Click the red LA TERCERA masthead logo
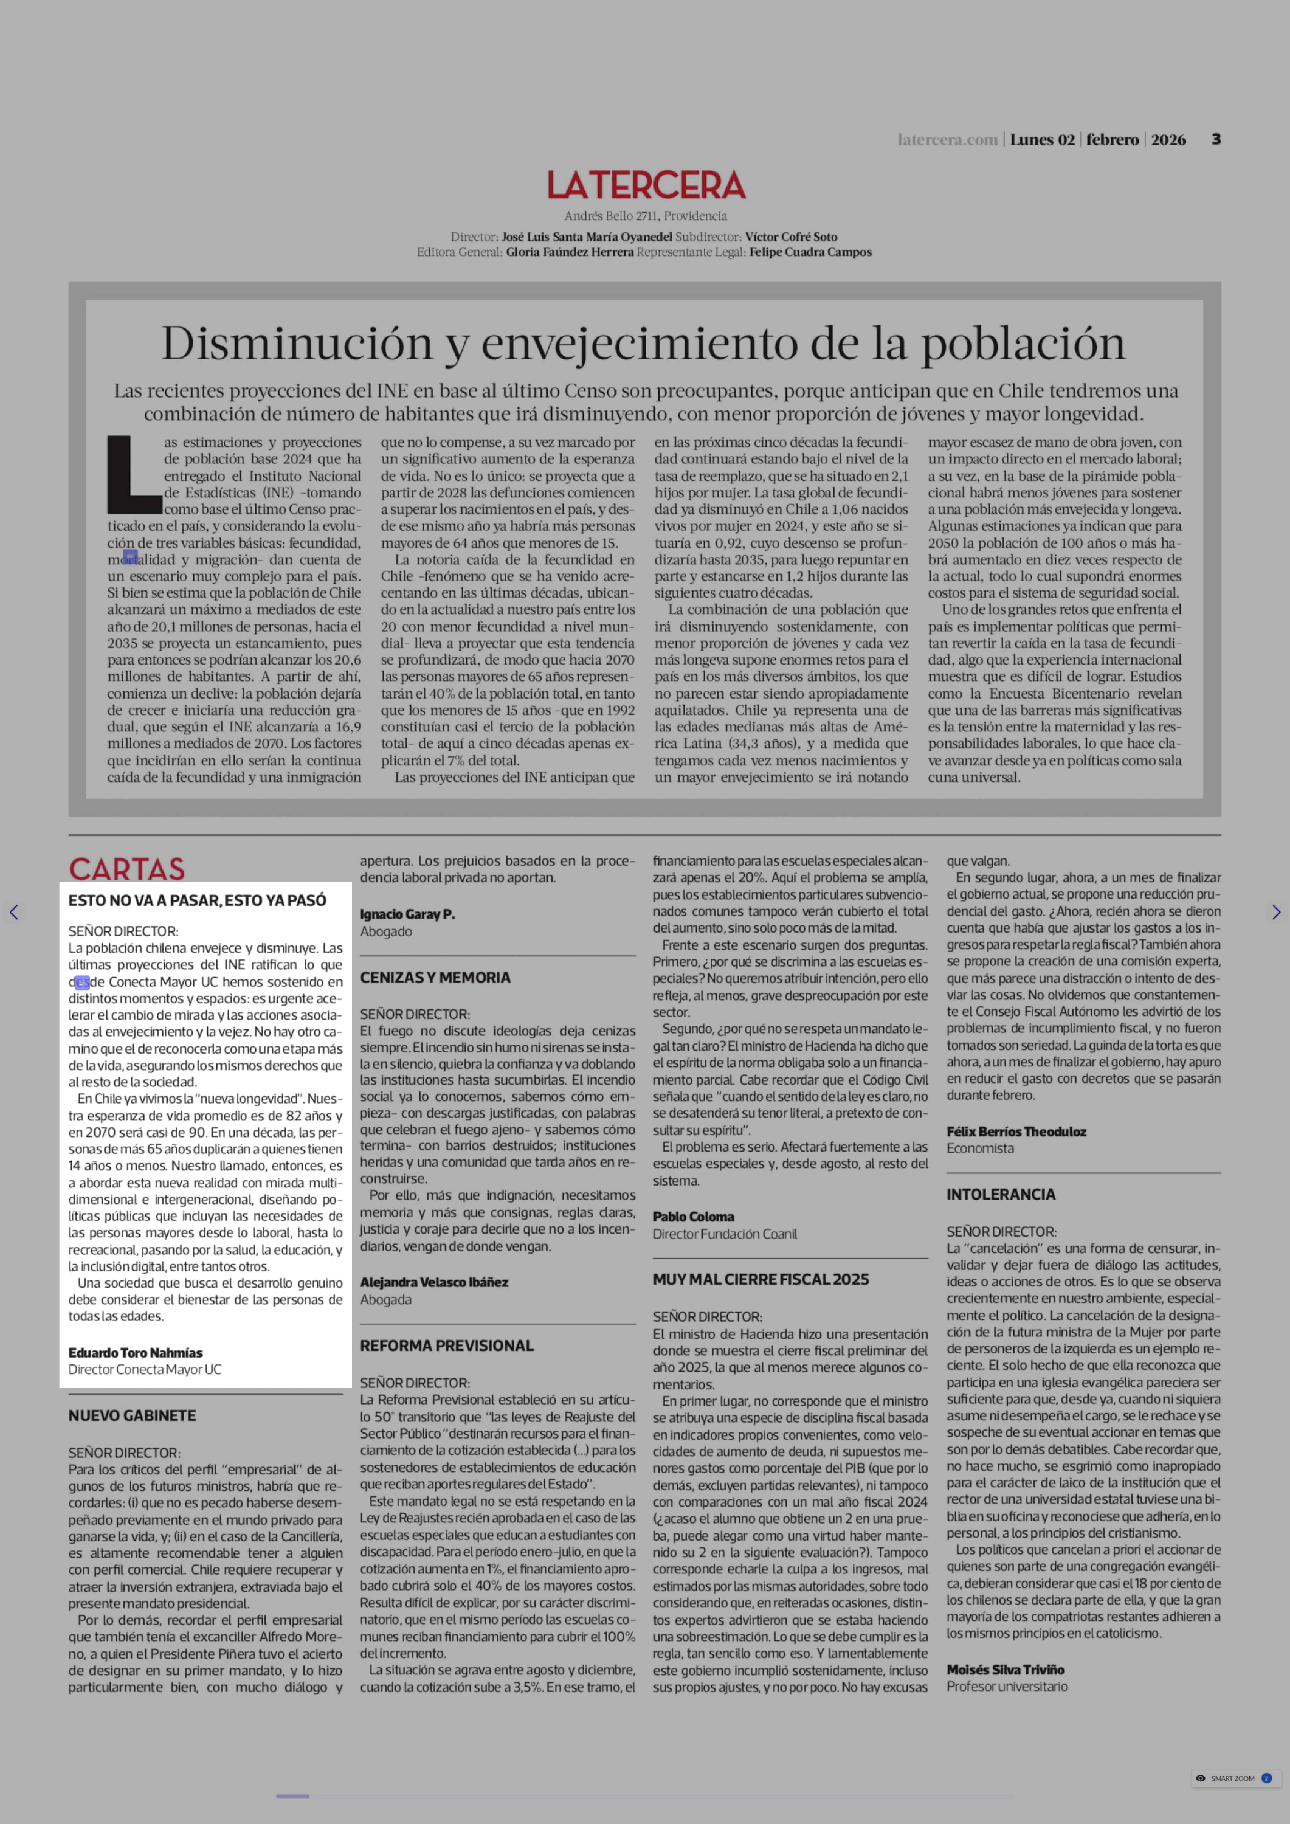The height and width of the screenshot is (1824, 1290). (646, 185)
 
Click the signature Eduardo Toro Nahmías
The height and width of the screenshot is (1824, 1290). (135, 1352)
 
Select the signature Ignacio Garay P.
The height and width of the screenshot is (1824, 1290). (407, 914)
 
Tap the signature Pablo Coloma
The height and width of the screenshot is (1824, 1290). (693, 1216)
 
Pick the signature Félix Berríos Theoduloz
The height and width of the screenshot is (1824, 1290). (1016, 1131)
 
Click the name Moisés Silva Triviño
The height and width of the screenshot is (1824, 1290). (1005, 1670)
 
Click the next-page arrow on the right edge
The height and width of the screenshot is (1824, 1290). (1276, 912)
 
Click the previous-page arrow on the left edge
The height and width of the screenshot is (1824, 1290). (13, 912)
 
